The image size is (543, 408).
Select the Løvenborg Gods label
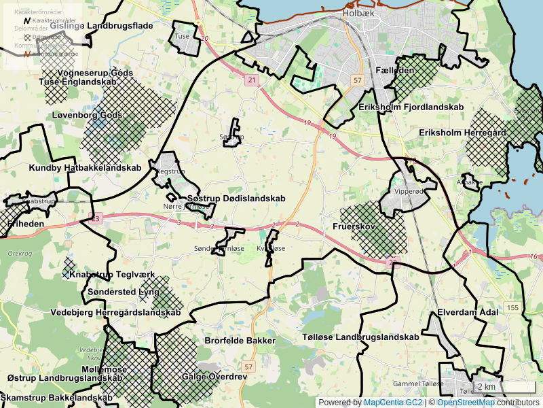point(87,115)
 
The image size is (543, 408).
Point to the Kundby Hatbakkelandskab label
point(85,167)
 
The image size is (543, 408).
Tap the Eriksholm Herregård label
point(463,133)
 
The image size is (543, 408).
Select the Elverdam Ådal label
point(468,312)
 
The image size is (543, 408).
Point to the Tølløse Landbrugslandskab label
point(360,337)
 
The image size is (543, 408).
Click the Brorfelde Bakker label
point(240,340)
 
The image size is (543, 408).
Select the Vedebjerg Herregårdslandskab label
point(115,312)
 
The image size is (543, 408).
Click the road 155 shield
point(512,308)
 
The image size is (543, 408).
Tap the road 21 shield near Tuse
point(252,80)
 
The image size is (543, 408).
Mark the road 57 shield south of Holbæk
point(358,80)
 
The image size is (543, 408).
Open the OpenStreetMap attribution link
point(466,403)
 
